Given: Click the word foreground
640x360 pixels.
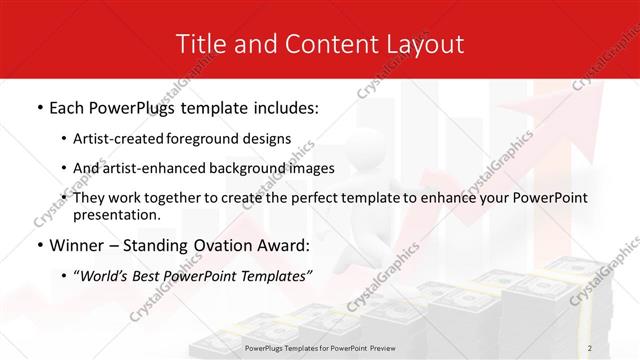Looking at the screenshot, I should pos(208,138).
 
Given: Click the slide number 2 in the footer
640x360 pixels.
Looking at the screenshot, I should pos(589,348).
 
